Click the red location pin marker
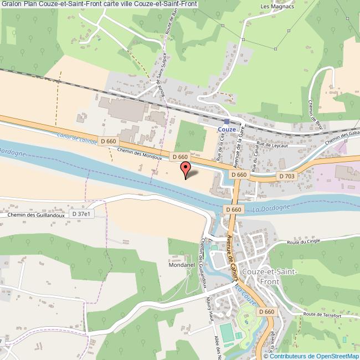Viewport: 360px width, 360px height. click(x=186, y=168)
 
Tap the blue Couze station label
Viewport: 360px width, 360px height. click(x=227, y=129)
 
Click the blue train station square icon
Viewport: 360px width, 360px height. click(x=227, y=121)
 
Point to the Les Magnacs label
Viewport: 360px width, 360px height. click(x=272, y=7)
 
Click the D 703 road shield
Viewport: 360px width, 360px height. click(x=287, y=176)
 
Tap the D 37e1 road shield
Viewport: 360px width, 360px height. click(x=81, y=213)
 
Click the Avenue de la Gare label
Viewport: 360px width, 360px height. click(x=240, y=150)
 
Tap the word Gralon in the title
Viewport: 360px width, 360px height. click(x=11, y=4)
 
